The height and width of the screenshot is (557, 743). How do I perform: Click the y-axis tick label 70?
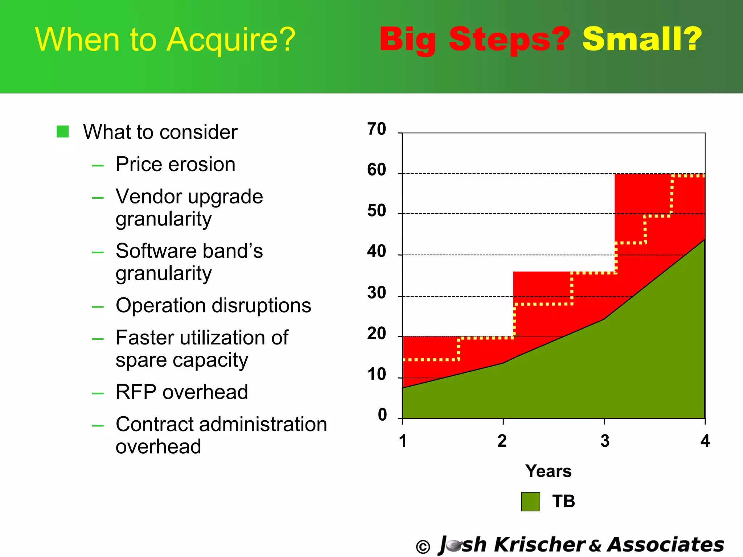point(377,129)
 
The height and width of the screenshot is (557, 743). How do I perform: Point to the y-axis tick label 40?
point(377,251)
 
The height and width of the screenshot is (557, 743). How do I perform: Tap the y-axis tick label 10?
point(377,374)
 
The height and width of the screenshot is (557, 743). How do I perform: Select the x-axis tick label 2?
point(502,441)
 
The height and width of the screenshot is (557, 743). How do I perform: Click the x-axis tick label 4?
point(705,441)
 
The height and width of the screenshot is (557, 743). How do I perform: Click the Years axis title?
point(548,471)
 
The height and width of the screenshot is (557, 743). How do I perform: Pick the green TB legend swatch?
point(530,502)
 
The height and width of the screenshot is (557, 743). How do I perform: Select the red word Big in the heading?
point(408,40)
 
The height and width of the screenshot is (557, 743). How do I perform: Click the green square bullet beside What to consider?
point(63,132)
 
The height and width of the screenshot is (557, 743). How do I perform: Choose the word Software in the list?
point(156,251)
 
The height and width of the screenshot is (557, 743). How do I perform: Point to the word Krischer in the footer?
point(539,545)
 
